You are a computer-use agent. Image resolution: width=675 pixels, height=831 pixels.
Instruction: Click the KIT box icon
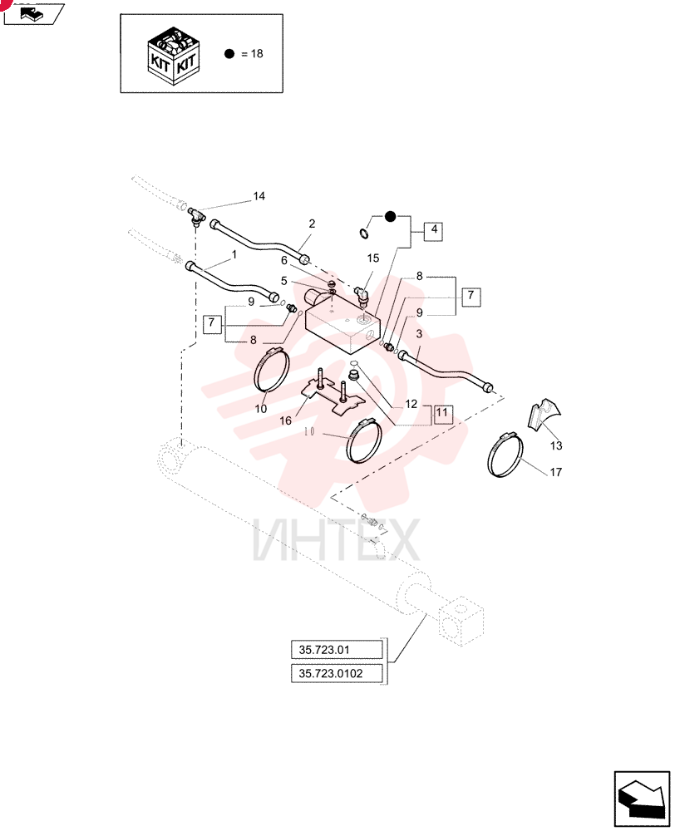click(173, 55)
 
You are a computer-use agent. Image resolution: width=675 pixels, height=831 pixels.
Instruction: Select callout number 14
click(259, 196)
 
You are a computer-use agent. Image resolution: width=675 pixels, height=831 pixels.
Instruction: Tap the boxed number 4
click(434, 229)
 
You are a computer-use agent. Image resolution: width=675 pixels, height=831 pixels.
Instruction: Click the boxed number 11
click(442, 413)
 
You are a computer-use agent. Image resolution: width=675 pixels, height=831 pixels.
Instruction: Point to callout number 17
click(555, 472)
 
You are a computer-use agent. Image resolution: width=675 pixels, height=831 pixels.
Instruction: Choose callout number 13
click(555, 445)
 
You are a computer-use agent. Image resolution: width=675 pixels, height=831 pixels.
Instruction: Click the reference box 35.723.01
click(337, 650)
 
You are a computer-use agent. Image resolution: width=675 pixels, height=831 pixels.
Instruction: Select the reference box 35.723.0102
click(337, 673)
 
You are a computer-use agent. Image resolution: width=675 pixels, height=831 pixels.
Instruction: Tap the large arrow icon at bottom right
click(642, 799)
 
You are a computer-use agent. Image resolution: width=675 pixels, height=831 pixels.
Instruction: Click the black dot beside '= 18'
click(229, 53)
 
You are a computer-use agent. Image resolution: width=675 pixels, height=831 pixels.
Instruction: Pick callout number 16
click(285, 420)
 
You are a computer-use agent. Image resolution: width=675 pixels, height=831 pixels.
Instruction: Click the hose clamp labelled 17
click(505, 455)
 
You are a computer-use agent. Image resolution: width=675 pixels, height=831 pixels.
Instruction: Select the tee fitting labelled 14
click(196, 216)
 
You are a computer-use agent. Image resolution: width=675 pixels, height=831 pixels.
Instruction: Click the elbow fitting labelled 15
click(362, 297)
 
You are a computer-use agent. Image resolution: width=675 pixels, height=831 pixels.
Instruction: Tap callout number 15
click(372, 258)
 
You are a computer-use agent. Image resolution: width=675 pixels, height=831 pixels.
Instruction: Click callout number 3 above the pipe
click(419, 334)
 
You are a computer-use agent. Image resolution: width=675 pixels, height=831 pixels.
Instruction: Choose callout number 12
click(411, 404)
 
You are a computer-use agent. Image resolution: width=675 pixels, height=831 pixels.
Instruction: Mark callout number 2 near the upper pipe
click(312, 224)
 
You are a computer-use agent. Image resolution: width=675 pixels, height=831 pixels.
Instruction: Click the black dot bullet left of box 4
click(390, 216)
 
